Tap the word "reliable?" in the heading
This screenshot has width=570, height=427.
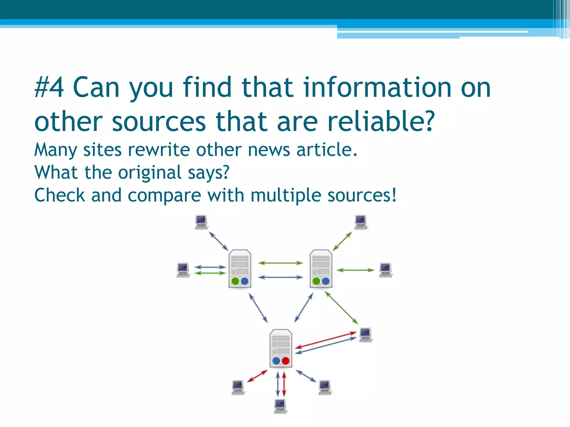point(381,121)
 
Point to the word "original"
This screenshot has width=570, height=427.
point(150,173)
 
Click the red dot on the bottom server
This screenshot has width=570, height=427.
point(286,361)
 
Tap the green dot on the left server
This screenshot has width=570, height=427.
point(235,281)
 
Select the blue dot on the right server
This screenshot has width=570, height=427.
point(326,281)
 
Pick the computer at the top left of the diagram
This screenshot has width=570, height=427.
point(201,222)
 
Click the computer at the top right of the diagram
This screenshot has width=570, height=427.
point(361,222)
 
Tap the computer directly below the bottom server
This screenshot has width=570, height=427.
point(280,406)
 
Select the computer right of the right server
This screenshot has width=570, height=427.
point(386,270)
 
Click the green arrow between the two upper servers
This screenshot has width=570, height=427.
point(280,263)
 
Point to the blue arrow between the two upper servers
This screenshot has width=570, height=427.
point(280,277)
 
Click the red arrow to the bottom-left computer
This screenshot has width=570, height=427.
point(257,376)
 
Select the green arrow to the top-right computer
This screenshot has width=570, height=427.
point(342,241)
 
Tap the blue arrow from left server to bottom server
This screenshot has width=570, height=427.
point(258,308)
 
